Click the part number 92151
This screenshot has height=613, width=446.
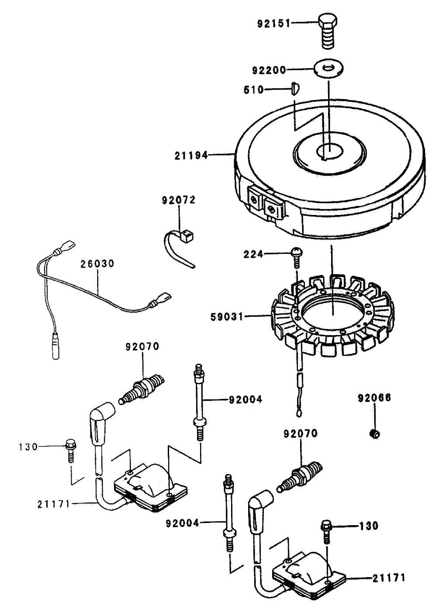coord(273,23)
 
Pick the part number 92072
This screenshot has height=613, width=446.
coord(179,201)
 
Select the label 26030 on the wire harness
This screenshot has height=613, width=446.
coord(97,263)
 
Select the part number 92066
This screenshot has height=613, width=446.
coord(374,398)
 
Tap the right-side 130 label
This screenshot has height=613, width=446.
coord(369,526)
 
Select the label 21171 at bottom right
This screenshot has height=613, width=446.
coord(389,578)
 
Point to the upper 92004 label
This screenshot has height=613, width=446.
coord(245,399)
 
